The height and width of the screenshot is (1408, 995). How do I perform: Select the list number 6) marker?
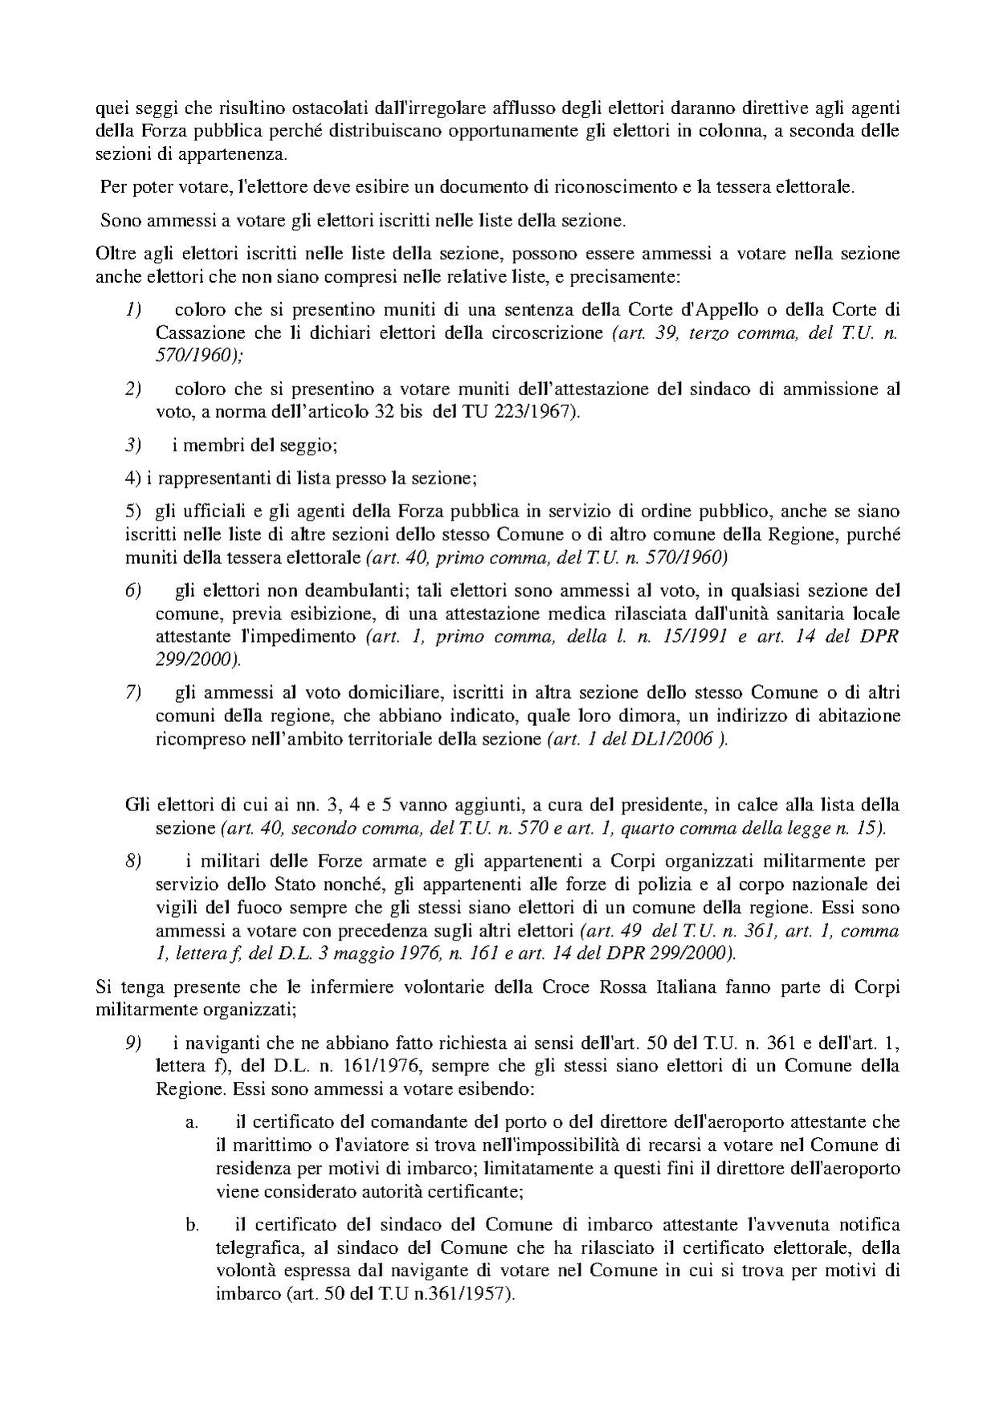coord(133,590)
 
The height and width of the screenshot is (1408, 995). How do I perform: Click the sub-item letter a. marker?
coord(192,1121)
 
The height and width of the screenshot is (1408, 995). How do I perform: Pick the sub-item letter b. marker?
coord(192,1225)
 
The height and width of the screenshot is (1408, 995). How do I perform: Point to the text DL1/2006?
coord(683,739)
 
